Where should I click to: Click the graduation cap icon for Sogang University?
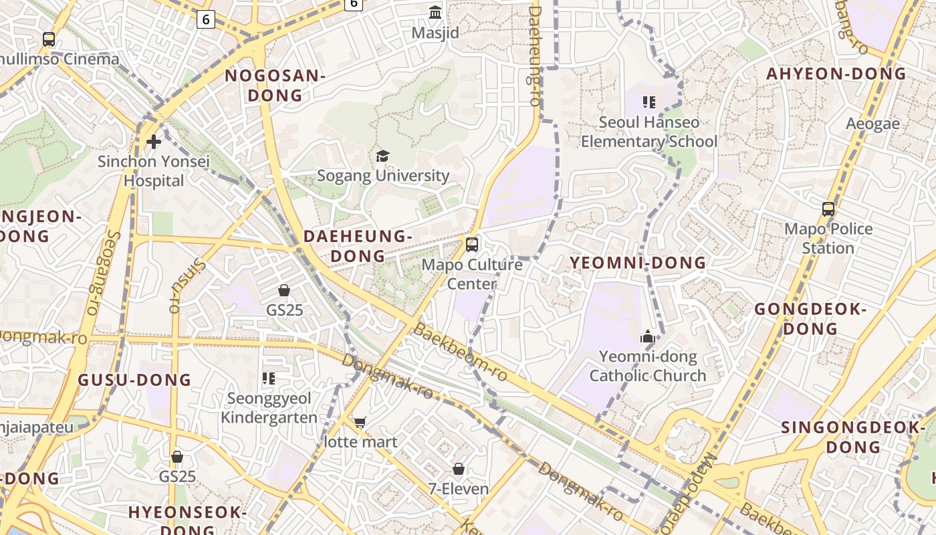(382, 156)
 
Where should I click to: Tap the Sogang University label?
(383, 176)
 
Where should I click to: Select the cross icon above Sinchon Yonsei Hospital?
(154, 142)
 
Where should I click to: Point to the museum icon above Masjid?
(435, 12)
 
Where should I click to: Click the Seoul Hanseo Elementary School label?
(649, 132)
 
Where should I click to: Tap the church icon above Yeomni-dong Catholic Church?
(647, 337)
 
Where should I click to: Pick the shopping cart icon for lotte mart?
(360, 422)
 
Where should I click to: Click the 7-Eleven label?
(459, 489)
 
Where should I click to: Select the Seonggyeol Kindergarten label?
(269, 408)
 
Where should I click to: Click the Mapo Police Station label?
(828, 238)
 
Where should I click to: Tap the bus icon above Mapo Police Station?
(828, 209)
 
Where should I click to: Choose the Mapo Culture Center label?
(472, 274)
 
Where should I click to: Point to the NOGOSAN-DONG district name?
(275, 86)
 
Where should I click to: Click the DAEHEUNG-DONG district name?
(358, 246)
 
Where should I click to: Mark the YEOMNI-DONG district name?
(638, 263)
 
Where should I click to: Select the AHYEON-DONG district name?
(836, 74)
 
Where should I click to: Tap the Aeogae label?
(872, 124)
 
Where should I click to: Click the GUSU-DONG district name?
(135, 380)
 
